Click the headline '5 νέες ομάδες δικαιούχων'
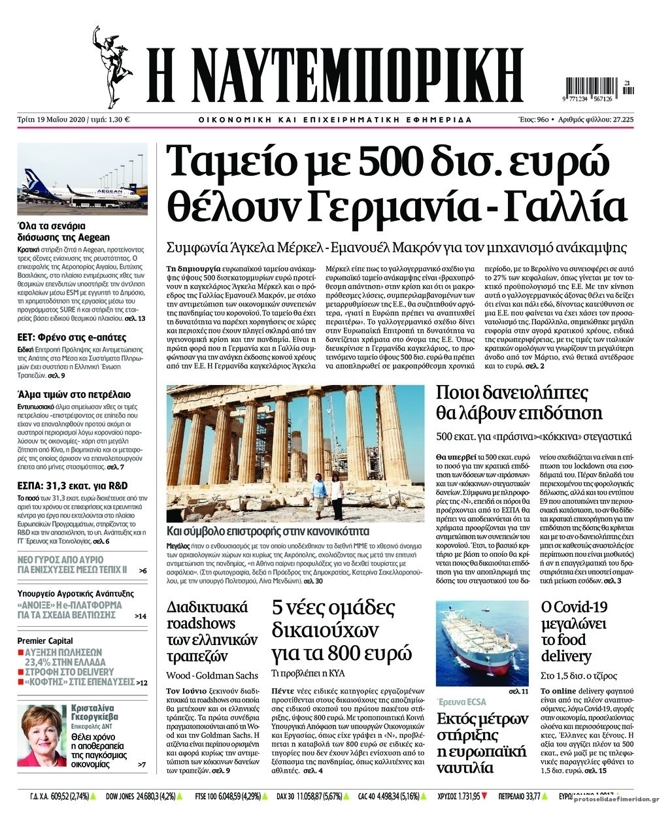[341, 630]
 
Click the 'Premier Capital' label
[44, 641]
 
